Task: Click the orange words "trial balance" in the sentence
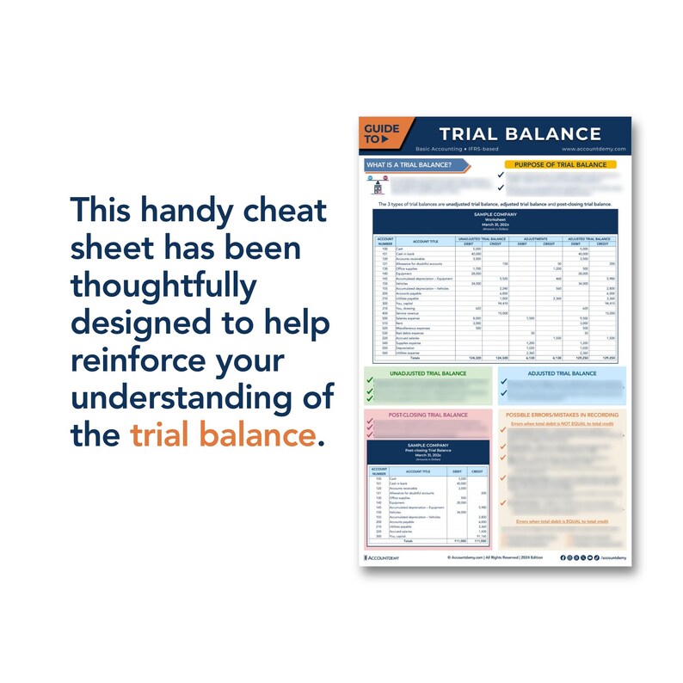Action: [x=223, y=435]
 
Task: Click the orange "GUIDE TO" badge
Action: [x=381, y=133]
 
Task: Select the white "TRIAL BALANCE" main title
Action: [x=520, y=134]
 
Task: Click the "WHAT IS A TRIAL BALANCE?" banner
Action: [x=409, y=163]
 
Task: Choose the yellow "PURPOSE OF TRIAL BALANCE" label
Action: [x=561, y=163]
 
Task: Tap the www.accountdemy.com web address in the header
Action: [x=593, y=150]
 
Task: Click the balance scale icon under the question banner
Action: [x=378, y=184]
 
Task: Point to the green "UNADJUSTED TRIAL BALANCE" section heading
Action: [x=428, y=373]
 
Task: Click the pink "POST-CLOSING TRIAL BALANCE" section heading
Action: [x=428, y=414]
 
